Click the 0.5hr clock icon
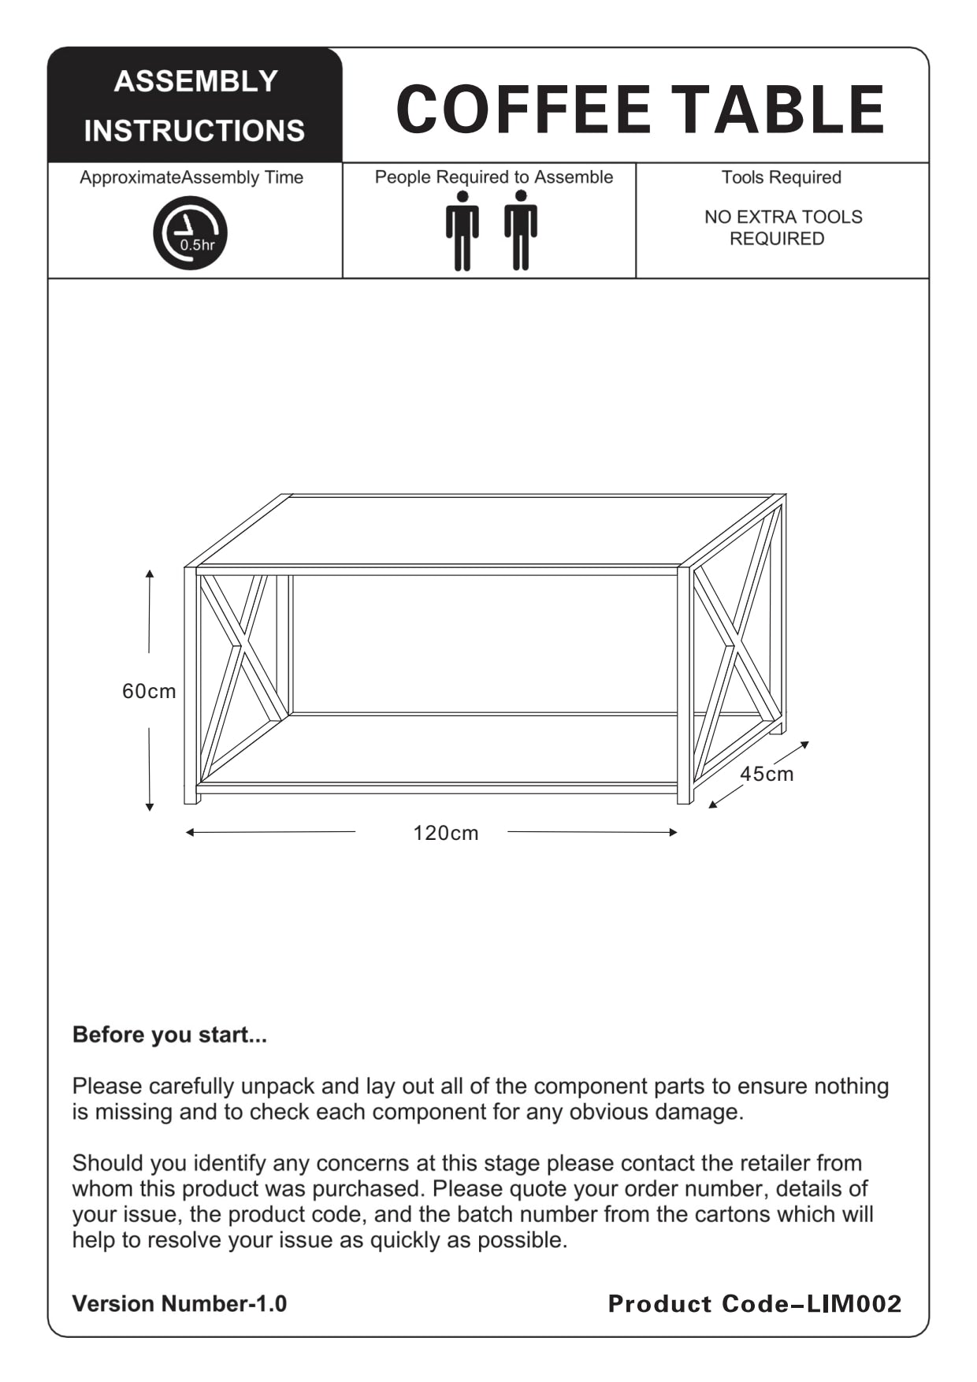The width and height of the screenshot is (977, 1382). [x=190, y=233]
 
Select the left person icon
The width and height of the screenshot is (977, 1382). [x=462, y=231]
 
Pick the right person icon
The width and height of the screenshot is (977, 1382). [x=521, y=231]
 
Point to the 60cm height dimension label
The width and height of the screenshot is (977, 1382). [x=149, y=691]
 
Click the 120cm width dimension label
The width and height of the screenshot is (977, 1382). [x=446, y=833]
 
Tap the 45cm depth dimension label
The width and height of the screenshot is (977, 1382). [x=767, y=774]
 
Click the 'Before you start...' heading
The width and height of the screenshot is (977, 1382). [x=169, y=1035]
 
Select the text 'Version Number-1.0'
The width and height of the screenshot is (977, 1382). [x=180, y=1304]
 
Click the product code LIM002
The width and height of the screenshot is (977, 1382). [x=854, y=1304]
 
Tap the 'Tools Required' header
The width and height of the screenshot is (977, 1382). [x=782, y=177]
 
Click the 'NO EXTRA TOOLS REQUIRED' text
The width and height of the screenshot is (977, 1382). [x=782, y=228]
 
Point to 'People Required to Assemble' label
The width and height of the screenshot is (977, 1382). [x=494, y=177]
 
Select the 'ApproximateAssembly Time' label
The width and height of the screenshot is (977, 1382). [x=191, y=177]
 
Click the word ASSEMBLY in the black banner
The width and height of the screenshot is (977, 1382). [x=196, y=81]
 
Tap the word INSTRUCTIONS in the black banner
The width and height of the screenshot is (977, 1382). [x=195, y=131]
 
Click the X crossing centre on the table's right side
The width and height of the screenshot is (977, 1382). [x=733, y=648]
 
